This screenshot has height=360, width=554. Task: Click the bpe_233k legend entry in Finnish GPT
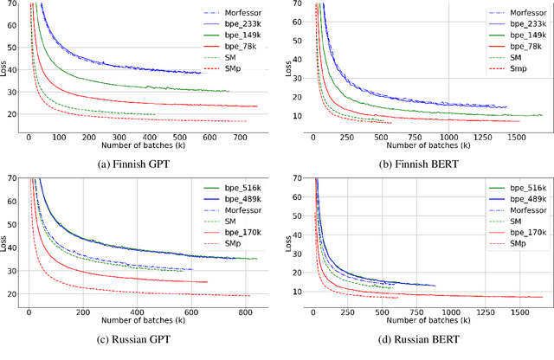click(236, 25)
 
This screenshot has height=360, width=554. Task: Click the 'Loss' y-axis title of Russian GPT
click(7, 240)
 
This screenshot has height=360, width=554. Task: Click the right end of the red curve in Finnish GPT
click(257, 106)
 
